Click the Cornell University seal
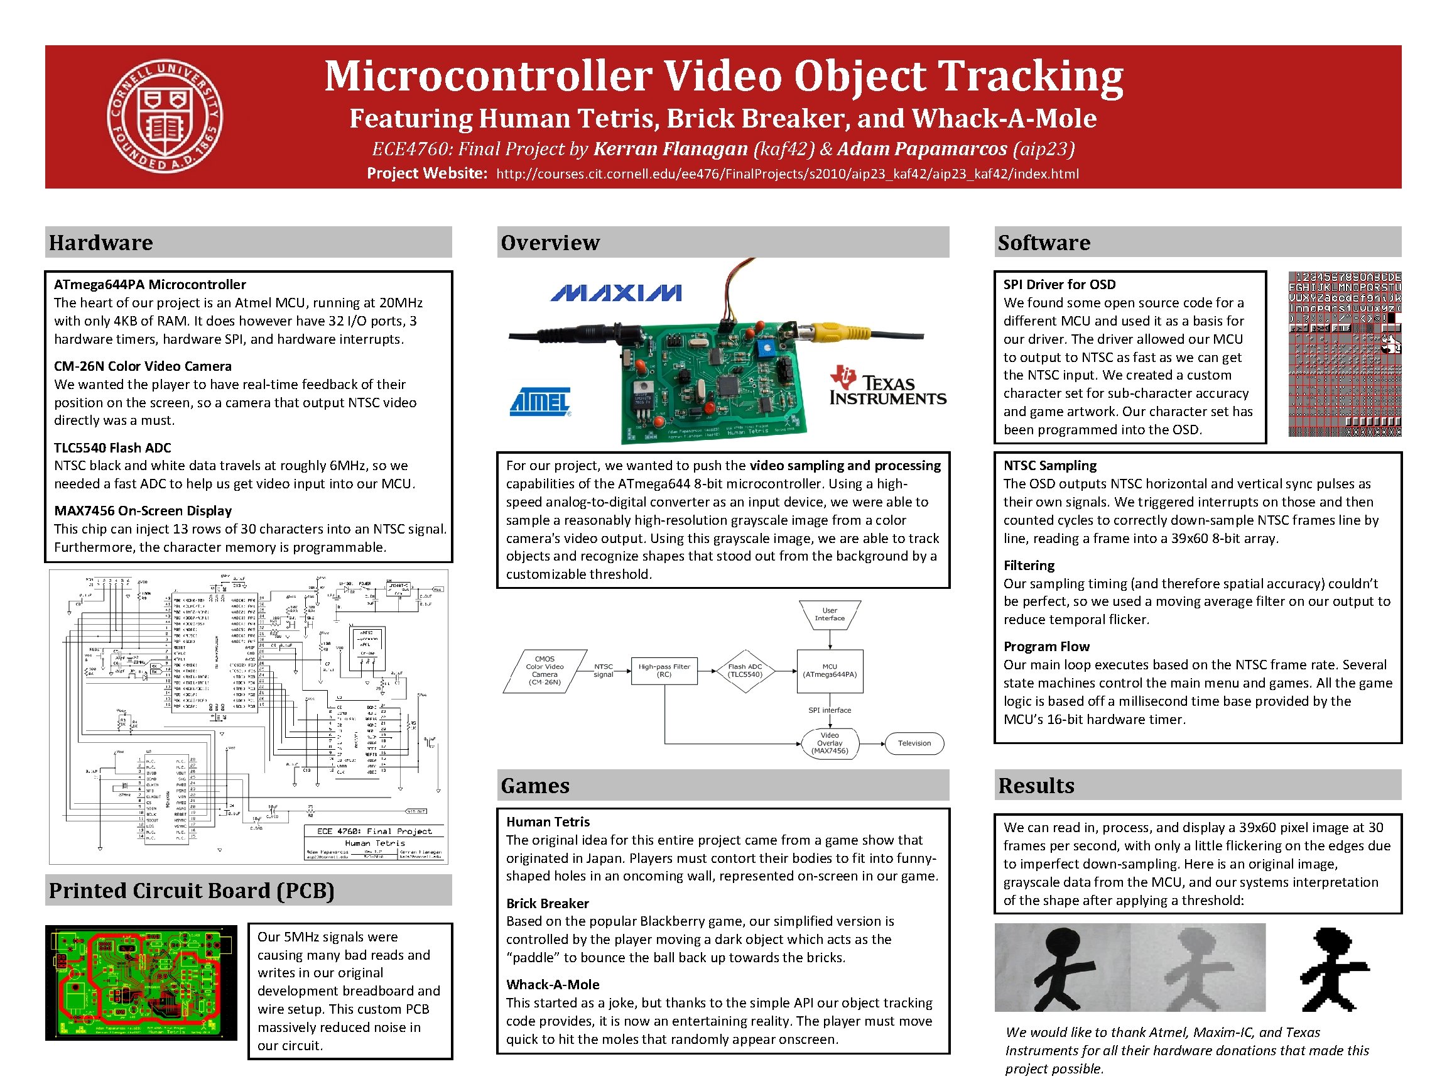click(165, 116)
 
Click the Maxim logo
click(615, 292)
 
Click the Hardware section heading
click(100, 242)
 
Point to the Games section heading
click(535, 785)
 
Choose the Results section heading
click(1036, 785)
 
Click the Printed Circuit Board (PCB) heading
click(192, 891)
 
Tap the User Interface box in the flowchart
click(830, 615)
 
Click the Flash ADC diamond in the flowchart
click(745, 671)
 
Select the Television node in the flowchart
click(914, 743)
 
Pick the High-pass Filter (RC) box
click(664, 671)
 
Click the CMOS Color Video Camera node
click(545, 671)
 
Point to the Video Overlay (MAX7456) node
click(830, 743)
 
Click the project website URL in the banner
click(787, 174)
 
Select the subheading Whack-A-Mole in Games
click(553, 984)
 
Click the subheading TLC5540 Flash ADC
click(112, 447)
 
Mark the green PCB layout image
click(141, 982)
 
